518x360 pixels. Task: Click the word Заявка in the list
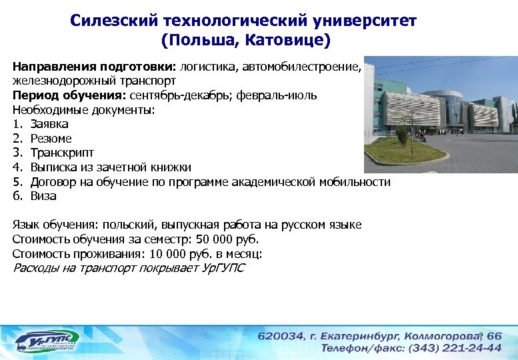49,124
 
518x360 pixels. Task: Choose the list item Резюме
51,139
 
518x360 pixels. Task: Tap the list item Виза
43,196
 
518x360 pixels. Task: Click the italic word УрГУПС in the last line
223,268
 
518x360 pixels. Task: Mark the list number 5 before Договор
16,182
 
